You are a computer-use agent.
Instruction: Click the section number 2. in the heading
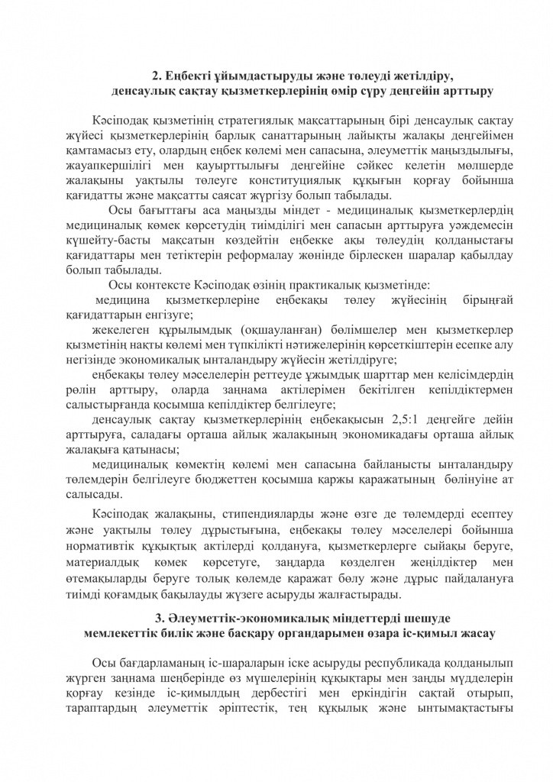click(157, 76)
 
